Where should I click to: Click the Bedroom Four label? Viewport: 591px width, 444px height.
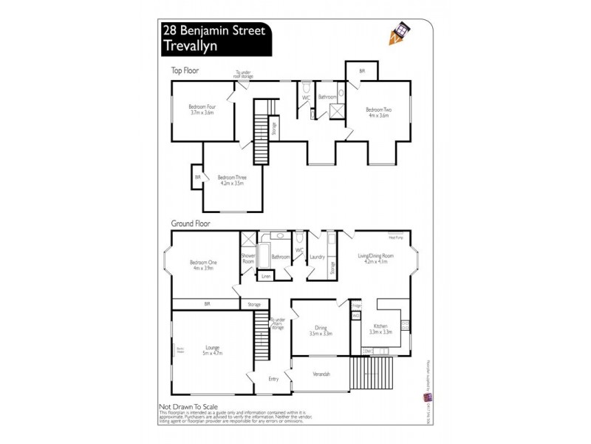coord(202,109)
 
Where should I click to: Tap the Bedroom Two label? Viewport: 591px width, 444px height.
coord(378,112)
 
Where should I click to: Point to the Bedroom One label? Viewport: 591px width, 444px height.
coord(202,265)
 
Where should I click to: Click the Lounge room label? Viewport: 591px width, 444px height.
coord(213,349)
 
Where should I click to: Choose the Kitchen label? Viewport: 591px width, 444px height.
coord(380,328)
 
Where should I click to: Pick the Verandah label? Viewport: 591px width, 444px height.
coord(321,374)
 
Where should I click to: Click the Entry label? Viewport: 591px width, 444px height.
coord(273,379)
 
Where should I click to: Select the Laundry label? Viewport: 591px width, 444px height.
coord(318,258)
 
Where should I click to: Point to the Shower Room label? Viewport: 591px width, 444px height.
coord(248,258)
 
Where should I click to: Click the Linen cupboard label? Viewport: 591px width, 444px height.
coord(266,276)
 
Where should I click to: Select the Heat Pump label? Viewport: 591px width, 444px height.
coord(395,238)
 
